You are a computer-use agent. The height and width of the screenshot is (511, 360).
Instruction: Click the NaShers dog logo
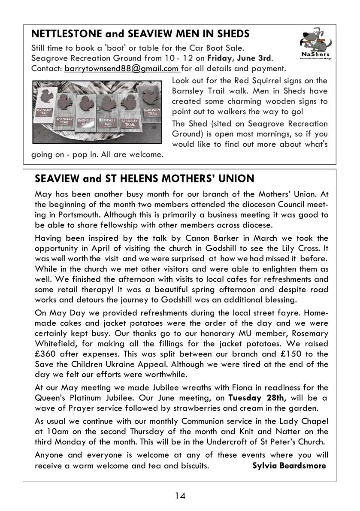tap(315, 44)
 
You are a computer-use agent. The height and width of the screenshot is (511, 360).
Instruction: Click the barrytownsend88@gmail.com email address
tap(121, 68)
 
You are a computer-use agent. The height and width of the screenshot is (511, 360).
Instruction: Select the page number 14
tap(180, 496)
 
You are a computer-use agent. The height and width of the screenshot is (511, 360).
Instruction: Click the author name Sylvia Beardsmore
tap(289, 466)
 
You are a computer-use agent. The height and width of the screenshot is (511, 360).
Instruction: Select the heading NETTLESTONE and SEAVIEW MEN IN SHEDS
tap(141, 33)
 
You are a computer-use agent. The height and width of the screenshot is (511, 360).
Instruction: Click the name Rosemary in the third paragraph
tap(309, 333)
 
